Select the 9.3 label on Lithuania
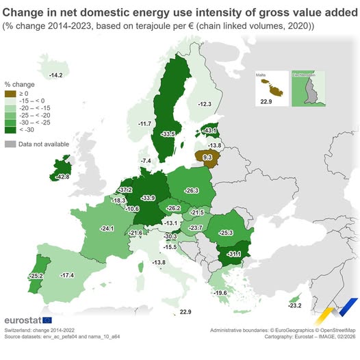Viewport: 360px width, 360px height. pos(207,157)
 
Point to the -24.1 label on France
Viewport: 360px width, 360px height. pos(107,227)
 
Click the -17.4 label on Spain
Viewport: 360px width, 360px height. pos(67,274)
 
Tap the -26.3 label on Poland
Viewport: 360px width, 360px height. pos(192,190)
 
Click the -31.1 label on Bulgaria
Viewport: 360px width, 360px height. pos(234,254)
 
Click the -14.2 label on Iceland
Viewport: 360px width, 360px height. pos(56,75)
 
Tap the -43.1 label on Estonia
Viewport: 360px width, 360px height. pos(210,131)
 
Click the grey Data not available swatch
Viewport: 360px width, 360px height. pos(10,144)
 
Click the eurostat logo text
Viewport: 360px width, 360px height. pos(23,320)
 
